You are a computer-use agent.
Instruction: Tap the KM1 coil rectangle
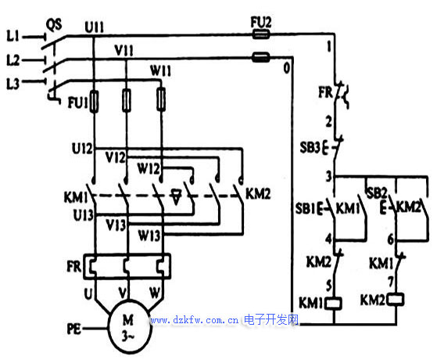click(x=334, y=304)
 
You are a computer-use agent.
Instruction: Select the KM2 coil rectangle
click(x=396, y=300)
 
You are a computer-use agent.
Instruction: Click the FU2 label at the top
click(x=261, y=23)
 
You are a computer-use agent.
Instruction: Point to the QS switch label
click(x=54, y=25)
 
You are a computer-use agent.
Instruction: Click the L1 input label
click(x=13, y=36)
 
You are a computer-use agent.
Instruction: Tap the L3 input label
click(x=13, y=84)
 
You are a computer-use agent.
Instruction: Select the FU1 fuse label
click(x=77, y=103)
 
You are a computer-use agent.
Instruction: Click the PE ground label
click(x=73, y=329)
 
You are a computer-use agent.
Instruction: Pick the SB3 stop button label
click(x=310, y=147)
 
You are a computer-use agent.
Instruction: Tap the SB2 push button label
click(x=377, y=193)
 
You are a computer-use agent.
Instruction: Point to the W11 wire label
click(x=160, y=70)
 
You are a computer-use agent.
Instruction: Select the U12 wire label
click(x=82, y=149)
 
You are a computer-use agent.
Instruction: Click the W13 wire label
click(x=149, y=236)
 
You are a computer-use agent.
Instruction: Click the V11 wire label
click(x=124, y=51)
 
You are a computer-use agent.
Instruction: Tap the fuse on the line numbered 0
click(x=261, y=57)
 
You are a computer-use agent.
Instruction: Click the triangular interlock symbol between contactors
click(x=176, y=196)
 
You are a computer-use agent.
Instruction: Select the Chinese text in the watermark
click(x=271, y=319)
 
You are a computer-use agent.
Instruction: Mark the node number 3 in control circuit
click(x=329, y=176)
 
